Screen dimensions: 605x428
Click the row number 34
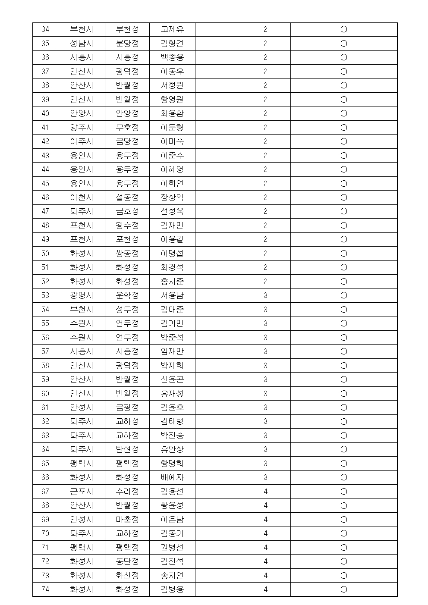tap(45, 29)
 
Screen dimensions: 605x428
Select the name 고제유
tap(172, 29)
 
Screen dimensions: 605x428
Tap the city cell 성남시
tap(82, 44)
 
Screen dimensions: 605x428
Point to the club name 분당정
tap(127, 44)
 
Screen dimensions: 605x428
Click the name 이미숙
tap(172, 141)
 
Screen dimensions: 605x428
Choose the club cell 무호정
tap(127, 128)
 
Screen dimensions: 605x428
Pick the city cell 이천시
tap(82, 197)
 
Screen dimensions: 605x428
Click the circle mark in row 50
tap(344, 254)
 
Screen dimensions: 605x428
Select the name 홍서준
tap(172, 282)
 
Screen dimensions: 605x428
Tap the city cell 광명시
tap(82, 295)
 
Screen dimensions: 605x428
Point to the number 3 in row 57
tap(265, 351)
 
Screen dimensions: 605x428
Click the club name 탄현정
tap(127, 449)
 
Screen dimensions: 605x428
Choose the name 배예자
tap(172, 477)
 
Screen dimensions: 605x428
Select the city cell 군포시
tap(82, 492)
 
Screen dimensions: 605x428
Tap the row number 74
tap(45, 589)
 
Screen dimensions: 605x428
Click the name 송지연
tap(172, 576)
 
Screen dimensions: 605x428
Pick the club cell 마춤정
tap(127, 520)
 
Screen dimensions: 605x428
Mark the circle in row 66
tap(344, 477)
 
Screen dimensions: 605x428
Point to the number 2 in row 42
tap(265, 141)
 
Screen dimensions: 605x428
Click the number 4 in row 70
tap(265, 533)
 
